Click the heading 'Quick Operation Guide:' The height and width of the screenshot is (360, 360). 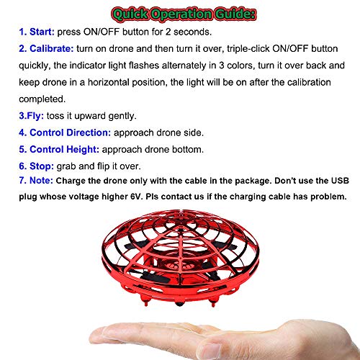pyautogui.click(x=180, y=12)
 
